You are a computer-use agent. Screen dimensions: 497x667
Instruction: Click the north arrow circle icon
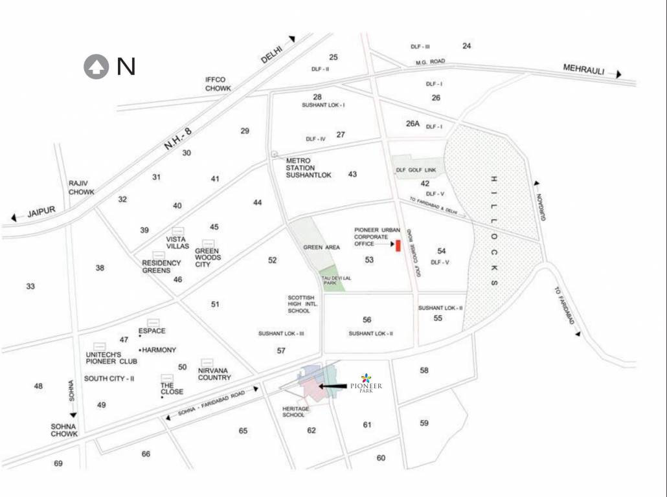(x=96, y=67)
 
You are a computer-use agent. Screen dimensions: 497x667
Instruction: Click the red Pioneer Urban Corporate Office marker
(x=398, y=245)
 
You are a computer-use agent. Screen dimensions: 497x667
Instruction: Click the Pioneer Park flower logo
(x=367, y=378)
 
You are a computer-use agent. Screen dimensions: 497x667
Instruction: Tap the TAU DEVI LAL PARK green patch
(x=332, y=280)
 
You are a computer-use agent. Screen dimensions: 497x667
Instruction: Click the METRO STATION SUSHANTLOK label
(x=309, y=168)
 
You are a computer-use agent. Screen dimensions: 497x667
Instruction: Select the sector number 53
(x=369, y=260)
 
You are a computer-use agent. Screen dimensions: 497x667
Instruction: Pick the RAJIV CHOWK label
(x=81, y=188)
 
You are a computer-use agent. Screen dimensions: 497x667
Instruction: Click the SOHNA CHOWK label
(x=64, y=430)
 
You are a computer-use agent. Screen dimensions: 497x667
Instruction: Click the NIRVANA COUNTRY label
(x=214, y=373)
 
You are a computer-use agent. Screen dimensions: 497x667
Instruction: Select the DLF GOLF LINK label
(x=417, y=170)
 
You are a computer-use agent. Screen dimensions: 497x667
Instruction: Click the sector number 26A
(x=413, y=123)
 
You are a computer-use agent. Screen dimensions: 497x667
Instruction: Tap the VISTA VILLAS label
(x=177, y=242)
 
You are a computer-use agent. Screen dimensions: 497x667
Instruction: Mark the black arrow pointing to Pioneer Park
(x=337, y=386)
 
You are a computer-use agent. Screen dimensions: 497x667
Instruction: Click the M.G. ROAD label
(x=431, y=61)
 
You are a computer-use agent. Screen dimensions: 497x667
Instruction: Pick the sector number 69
(x=58, y=463)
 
